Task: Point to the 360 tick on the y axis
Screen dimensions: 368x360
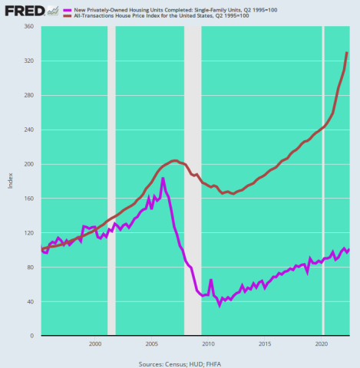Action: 30,27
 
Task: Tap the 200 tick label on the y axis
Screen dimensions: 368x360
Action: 30,164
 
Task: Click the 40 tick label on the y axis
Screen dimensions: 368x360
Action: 31,301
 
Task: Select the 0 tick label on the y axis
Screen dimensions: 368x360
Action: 34,336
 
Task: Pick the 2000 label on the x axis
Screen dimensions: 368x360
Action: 95,344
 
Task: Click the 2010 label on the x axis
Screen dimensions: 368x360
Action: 208,344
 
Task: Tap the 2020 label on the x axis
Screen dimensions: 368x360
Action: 322,344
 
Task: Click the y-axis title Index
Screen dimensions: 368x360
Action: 10,181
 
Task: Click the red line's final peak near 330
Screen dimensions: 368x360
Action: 347,53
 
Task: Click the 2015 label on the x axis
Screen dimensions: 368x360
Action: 265,344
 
